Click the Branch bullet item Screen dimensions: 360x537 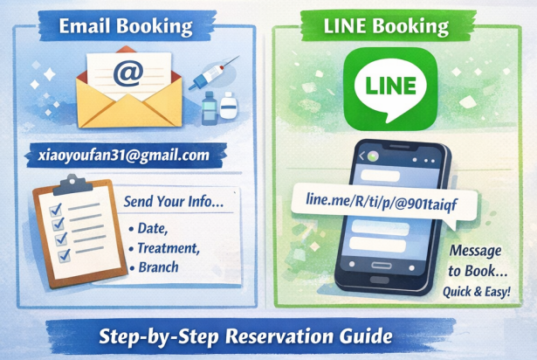click(x=158, y=268)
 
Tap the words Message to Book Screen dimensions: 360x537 click(x=479, y=260)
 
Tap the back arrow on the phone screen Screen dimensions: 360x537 click(x=360, y=155)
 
